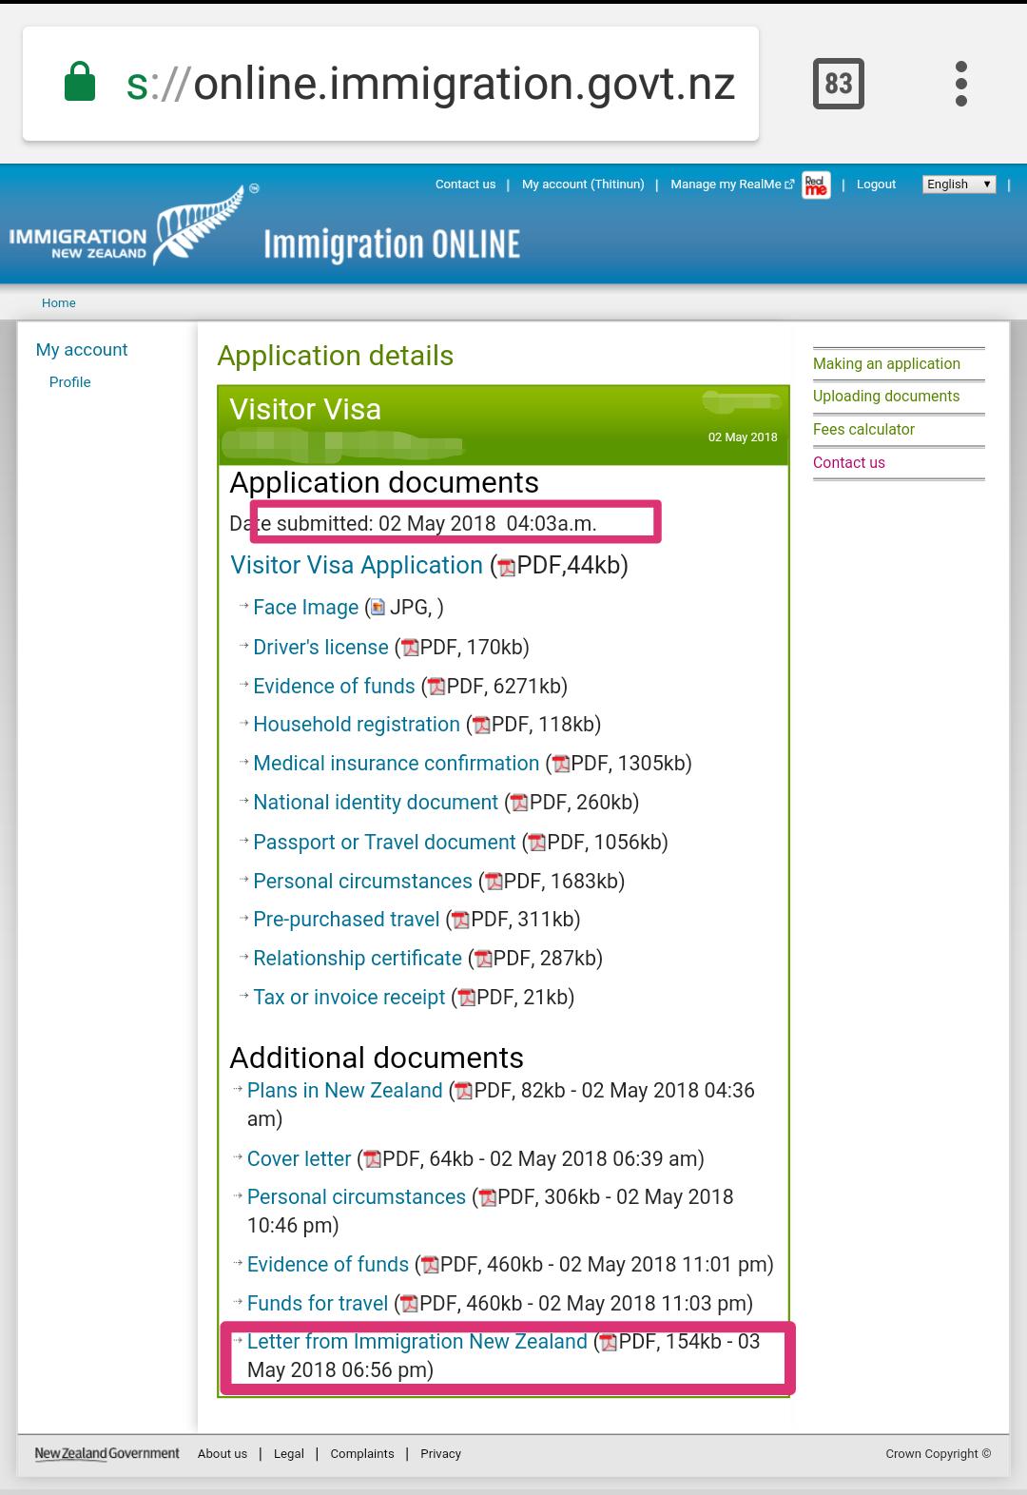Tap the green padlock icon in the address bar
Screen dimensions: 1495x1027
[80, 82]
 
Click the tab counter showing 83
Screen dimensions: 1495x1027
[838, 84]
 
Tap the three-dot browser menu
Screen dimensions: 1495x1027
[961, 84]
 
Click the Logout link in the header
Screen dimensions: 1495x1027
[876, 184]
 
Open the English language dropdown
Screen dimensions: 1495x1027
[959, 184]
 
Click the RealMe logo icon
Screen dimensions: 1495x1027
[816, 184]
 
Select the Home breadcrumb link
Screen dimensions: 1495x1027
[59, 303]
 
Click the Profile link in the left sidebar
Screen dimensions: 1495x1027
[70, 382]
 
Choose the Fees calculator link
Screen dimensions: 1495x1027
[863, 430]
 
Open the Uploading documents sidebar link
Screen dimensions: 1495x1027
[886, 397]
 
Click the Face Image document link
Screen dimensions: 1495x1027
[305, 608]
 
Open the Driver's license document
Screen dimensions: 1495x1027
[320, 648]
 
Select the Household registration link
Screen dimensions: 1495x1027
[356, 725]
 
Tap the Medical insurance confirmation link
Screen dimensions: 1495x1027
[396, 764]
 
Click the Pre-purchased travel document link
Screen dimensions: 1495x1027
[346, 920]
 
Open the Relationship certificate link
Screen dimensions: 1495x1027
[357, 959]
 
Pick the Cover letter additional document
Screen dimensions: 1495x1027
[299, 1159]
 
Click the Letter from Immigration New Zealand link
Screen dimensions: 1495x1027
[417, 1342]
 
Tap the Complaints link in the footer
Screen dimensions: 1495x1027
[362, 1454]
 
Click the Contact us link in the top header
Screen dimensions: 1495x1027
[465, 184]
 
